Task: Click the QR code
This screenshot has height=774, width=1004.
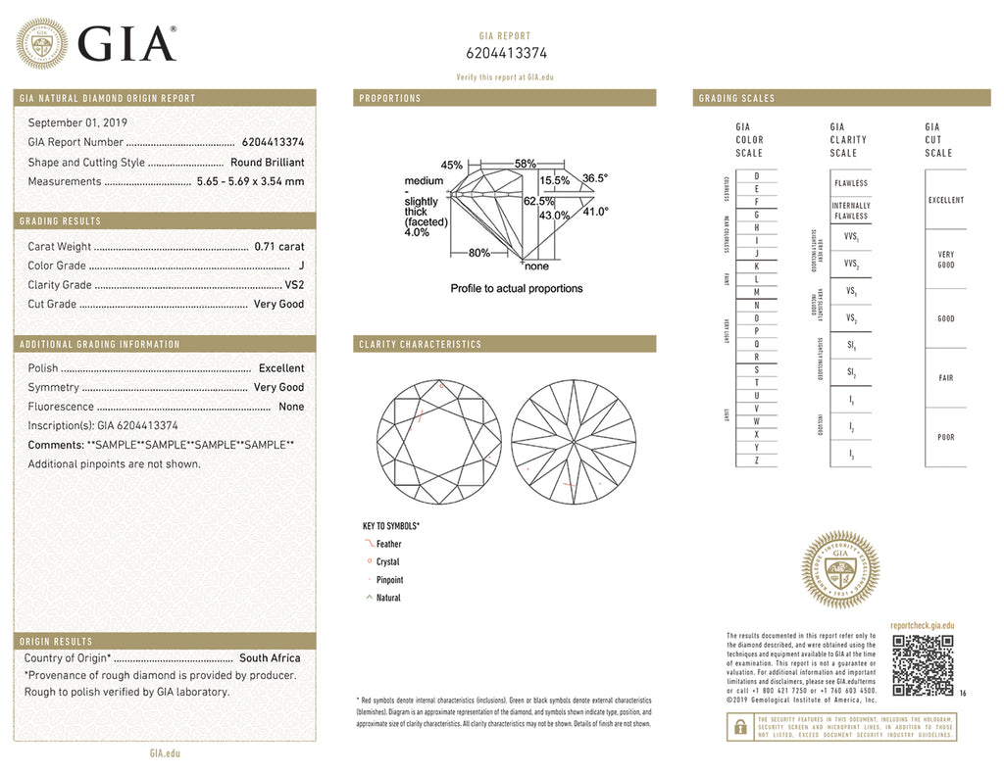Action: click(923, 665)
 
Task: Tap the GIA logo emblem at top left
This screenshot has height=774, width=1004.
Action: click(40, 44)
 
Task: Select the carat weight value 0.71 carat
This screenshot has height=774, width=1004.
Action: click(278, 247)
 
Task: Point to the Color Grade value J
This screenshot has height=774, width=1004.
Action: click(301, 266)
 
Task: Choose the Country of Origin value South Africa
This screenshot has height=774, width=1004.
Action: click(270, 658)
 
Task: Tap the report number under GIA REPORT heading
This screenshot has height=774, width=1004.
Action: click(506, 54)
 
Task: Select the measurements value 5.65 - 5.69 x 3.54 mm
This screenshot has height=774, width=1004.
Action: click(251, 181)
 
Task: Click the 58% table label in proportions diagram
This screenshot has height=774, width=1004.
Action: click(526, 164)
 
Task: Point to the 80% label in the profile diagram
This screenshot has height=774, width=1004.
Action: click(478, 253)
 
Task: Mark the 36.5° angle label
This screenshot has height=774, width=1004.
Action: click(595, 178)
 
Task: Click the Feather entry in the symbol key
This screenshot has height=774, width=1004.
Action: click(388, 544)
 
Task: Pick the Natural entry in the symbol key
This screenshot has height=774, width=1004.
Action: click(388, 598)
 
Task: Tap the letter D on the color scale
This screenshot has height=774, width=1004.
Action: click(756, 175)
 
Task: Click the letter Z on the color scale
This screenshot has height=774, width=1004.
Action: click(756, 460)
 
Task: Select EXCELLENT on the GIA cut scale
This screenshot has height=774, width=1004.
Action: click(945, 200)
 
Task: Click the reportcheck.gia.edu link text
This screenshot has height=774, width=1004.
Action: click(922, 625)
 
